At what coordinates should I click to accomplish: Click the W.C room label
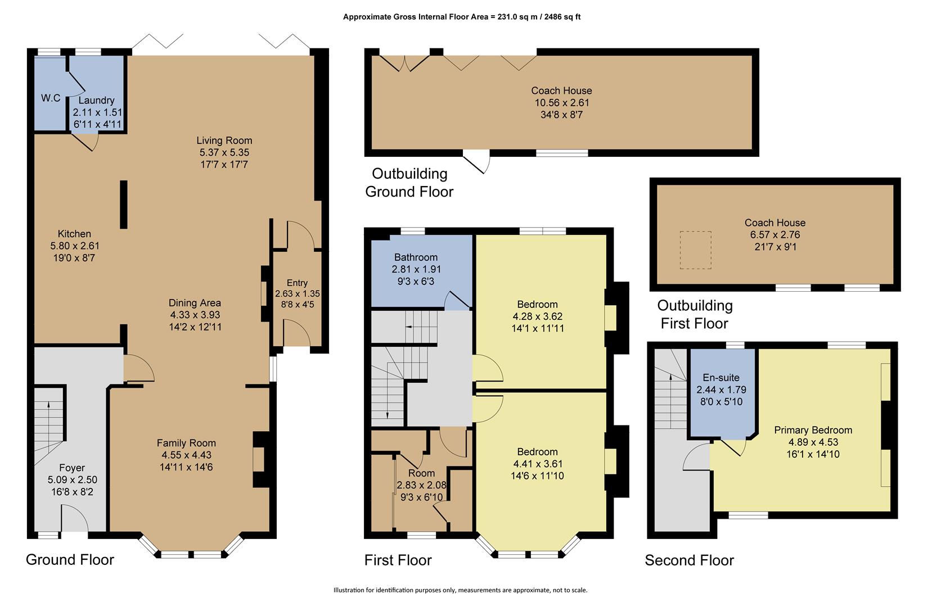point(51,98)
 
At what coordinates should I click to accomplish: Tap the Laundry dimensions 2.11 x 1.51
point(97,112)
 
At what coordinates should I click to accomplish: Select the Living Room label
point(224,141)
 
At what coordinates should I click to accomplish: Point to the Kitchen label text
point(74,234)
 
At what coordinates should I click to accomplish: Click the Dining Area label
point(195,303)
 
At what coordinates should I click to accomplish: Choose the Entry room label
point(297,283)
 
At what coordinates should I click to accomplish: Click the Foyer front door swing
point(74,517)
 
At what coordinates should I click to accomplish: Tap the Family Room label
point(186,443)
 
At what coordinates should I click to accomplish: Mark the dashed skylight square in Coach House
point(696,250)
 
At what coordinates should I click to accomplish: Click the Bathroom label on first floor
point(416,257)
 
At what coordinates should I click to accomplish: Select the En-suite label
point(721,378)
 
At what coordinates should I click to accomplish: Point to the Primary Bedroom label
point(813,430)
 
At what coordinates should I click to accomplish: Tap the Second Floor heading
point(689,560)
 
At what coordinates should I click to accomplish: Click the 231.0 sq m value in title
point(516,17)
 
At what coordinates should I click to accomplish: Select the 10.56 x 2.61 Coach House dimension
point(561,103)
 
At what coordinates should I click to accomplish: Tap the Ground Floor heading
point(70,560)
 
